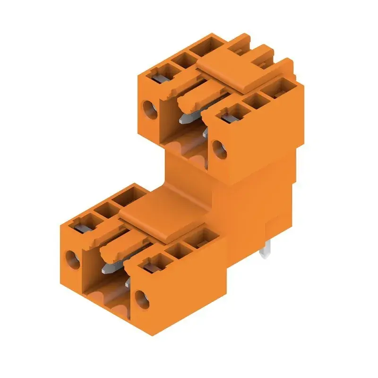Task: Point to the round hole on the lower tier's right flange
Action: (x=140, y=298)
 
